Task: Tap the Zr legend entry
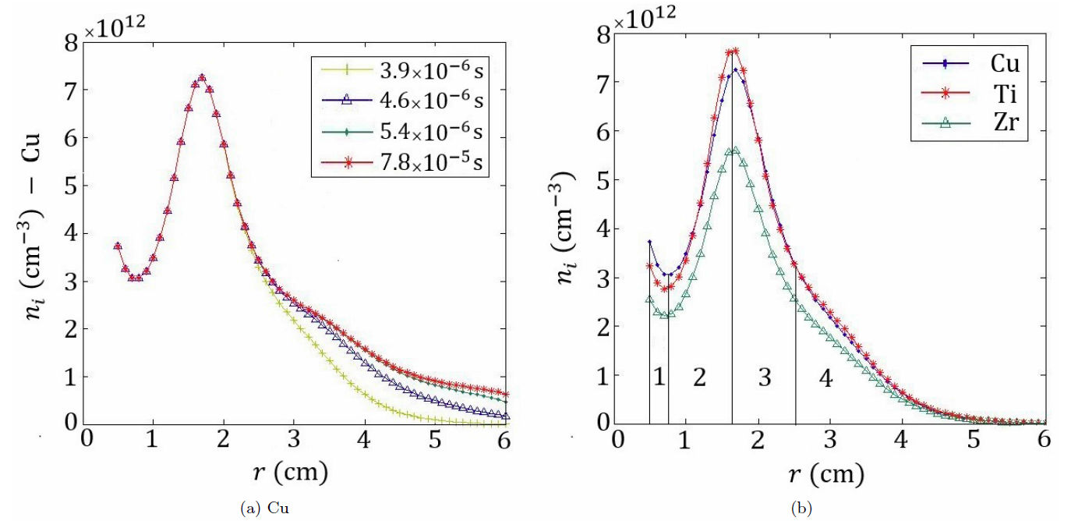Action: tap(971, 122)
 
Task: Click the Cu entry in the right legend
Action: tap(971, 62)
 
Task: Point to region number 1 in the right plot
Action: tap(659, 378)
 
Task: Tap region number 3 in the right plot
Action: tap(764, 378)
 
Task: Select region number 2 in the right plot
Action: tap(699, 378)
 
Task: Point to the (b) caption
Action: tap(801, 509)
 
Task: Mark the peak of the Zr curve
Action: tap(733, 149)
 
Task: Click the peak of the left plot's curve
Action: tap(202, 77)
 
